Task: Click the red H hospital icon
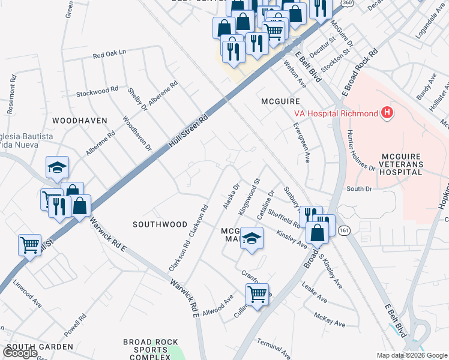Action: pos(388,113)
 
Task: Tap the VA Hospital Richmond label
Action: pos(336,114)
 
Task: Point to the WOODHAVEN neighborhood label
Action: pos(79,121)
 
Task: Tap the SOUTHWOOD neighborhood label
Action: pos(160,224)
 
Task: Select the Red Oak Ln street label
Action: pos(110,54)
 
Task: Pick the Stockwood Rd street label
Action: pos(97,91)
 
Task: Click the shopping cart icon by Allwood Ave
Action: pos(257,295)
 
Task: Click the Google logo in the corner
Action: pos(20,353)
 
